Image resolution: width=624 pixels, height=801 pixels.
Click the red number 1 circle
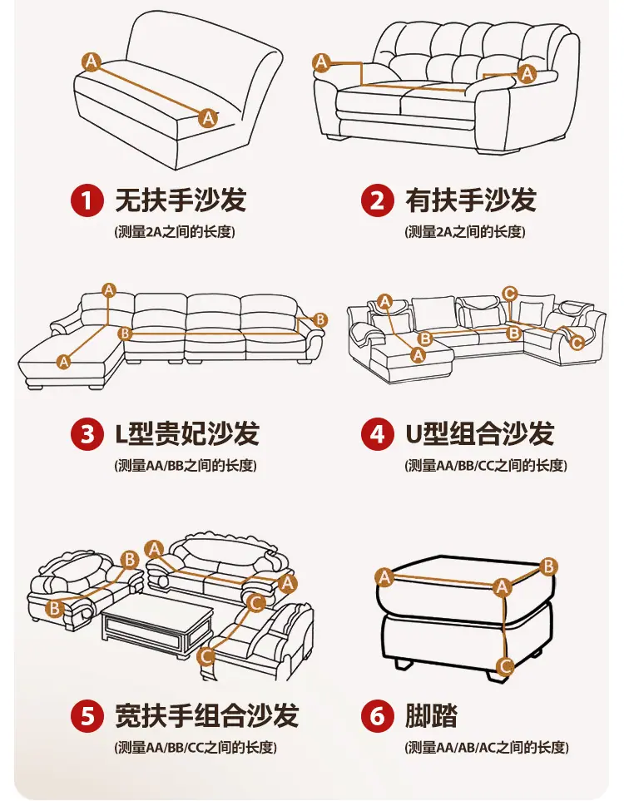(x=87, y=200)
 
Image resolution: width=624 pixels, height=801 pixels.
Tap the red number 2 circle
(x=377, y=200)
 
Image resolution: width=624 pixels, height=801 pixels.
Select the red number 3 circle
(x=87, y=433)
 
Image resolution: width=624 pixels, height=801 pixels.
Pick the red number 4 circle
(x=377, y=433)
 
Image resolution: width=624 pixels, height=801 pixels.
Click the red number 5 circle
(x=87, y=715)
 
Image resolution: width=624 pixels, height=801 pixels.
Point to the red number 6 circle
(x=377, y=715)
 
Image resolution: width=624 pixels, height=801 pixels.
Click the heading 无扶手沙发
(x=181, y=200)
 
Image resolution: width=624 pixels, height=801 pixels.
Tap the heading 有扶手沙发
(x=471, y=200)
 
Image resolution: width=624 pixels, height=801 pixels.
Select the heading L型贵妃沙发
(x=187, y=433)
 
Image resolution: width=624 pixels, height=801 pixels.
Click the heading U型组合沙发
(x=480, y=433)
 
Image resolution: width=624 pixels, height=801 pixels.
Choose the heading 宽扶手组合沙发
(x=207, y=715)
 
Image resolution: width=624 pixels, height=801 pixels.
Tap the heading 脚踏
(x=431, y=715)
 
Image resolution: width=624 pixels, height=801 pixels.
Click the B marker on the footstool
(x=548, y=566)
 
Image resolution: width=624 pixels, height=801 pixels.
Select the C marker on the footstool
(x=505, y=666)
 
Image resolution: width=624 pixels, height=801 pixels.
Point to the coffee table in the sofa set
(x=157, y=625)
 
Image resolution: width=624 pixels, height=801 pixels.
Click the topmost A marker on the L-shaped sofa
(x=109, y=290)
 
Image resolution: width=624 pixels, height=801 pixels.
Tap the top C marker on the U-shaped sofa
(x=509, y=294)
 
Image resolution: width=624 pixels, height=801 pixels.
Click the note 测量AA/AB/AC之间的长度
(x=487, y=748)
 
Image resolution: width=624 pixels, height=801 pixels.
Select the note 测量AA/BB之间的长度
(x=186, y=465)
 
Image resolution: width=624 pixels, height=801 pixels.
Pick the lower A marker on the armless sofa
(x=208, y=118)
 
